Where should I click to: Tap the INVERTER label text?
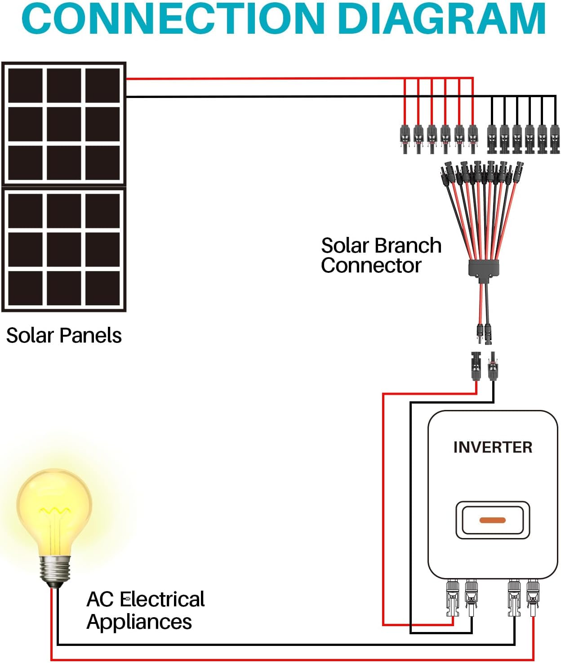point(493,447)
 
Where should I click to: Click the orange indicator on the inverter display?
point(493,520)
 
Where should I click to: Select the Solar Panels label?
point(64,335)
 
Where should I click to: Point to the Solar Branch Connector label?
point(381,255)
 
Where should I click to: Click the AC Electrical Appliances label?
point(145,610)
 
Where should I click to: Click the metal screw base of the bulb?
point(55,570)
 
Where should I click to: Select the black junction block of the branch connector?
point(484,268)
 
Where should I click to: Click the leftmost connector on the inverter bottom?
point(452,598)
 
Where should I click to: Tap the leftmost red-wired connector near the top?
point(405,137)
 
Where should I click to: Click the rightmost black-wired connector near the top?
point(555,137)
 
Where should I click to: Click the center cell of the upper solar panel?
point(64,124)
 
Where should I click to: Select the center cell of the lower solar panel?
point(64,249)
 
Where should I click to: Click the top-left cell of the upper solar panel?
point(26,85)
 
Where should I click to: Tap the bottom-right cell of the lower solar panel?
point(102,288)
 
